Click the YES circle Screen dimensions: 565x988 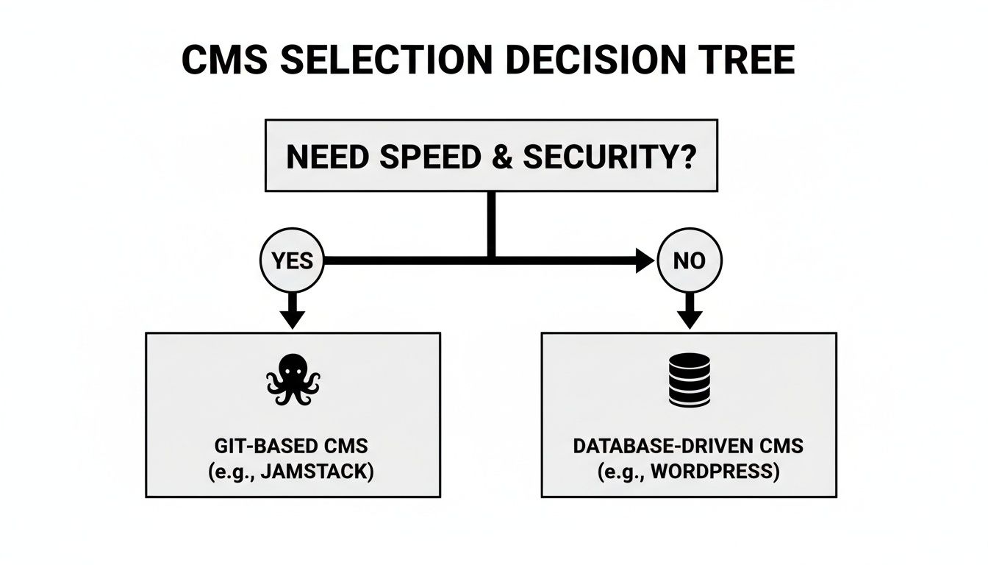point(293,260)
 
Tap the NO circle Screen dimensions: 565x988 point(689,260)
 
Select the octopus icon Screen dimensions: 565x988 point(293,379)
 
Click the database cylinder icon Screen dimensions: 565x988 point(689,380)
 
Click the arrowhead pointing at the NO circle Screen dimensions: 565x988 point(644,260)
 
